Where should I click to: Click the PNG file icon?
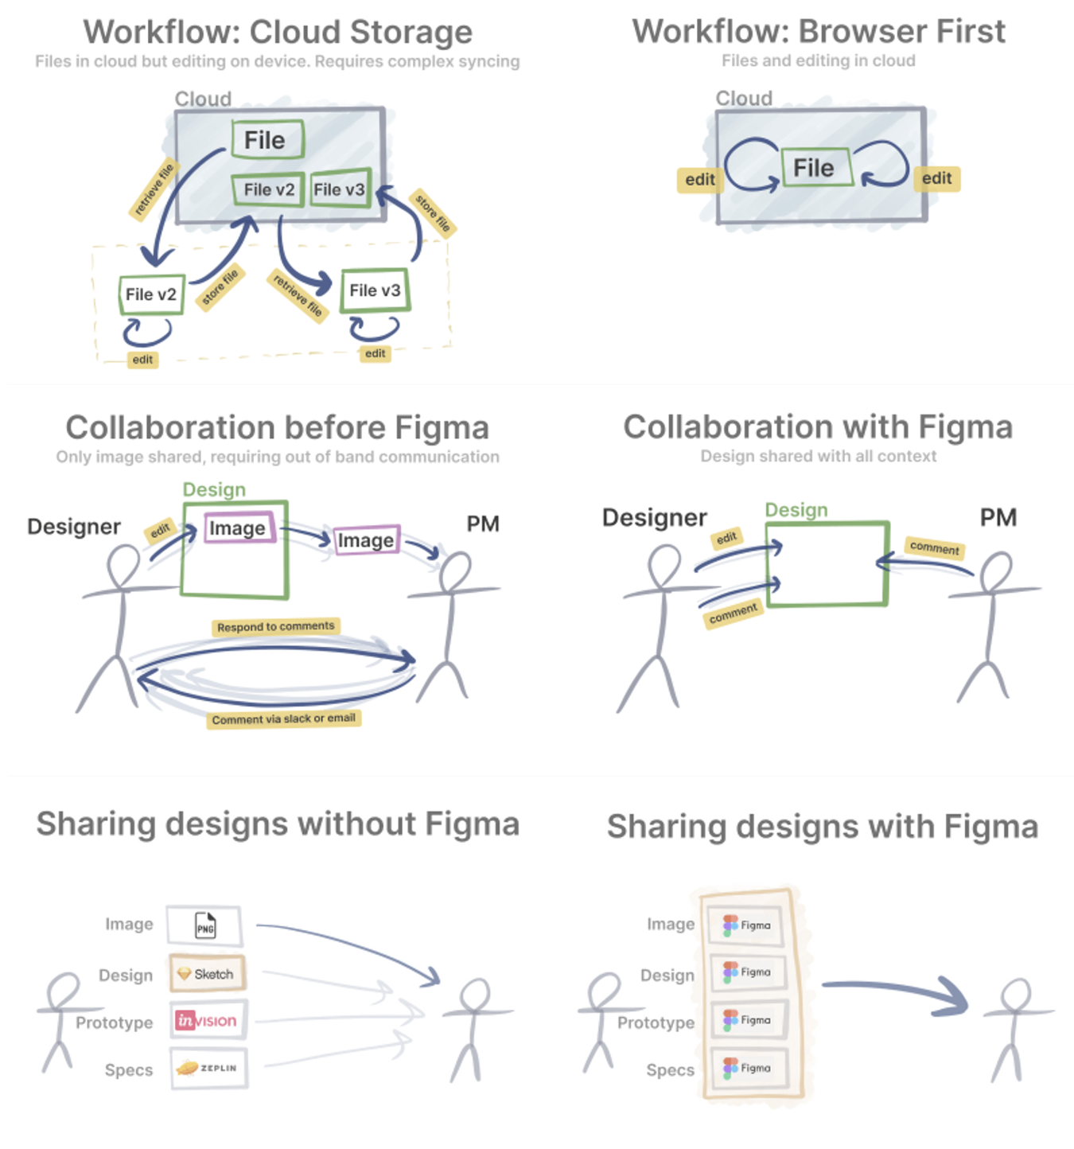tap(204, 925)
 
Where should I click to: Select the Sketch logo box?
tap(207, 973)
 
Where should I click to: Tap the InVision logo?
tap(206, 1020)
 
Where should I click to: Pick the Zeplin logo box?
tap(208, 1067)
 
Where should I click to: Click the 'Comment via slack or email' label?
tap(283, 719)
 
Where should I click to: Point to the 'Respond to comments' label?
tap(275, 626)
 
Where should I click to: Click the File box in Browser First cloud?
tap(817, 167)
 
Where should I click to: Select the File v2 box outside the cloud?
tap(151, 294)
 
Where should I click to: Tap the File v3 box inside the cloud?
tap(340, 189)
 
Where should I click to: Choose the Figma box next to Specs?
tap(749, 1067)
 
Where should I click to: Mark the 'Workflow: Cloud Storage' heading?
tap(278, 31)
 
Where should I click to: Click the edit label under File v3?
tap(375, 353)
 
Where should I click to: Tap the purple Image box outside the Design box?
tap(366, 539)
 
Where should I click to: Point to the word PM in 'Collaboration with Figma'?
tap(998, 517)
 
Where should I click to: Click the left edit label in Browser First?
tap(699, 179)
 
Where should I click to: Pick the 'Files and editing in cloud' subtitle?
tap(819, 60)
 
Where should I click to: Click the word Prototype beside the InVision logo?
tap(115, 1022)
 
